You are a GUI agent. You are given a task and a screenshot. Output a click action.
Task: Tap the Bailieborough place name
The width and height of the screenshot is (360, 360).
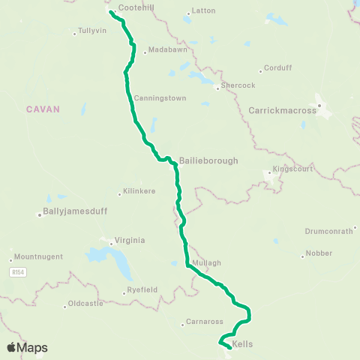click(199, 160)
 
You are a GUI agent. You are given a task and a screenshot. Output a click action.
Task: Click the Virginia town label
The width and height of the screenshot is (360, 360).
click(129, 241)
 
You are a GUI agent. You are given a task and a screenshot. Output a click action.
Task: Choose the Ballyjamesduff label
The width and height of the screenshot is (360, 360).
click(76, 211)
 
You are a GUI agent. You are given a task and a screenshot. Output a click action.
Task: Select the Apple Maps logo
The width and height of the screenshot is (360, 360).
click(27, 347)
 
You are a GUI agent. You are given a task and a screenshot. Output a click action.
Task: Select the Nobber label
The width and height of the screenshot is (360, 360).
click(319, 253)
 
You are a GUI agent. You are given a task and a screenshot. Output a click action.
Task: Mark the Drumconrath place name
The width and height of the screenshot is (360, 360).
click(328, 231)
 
